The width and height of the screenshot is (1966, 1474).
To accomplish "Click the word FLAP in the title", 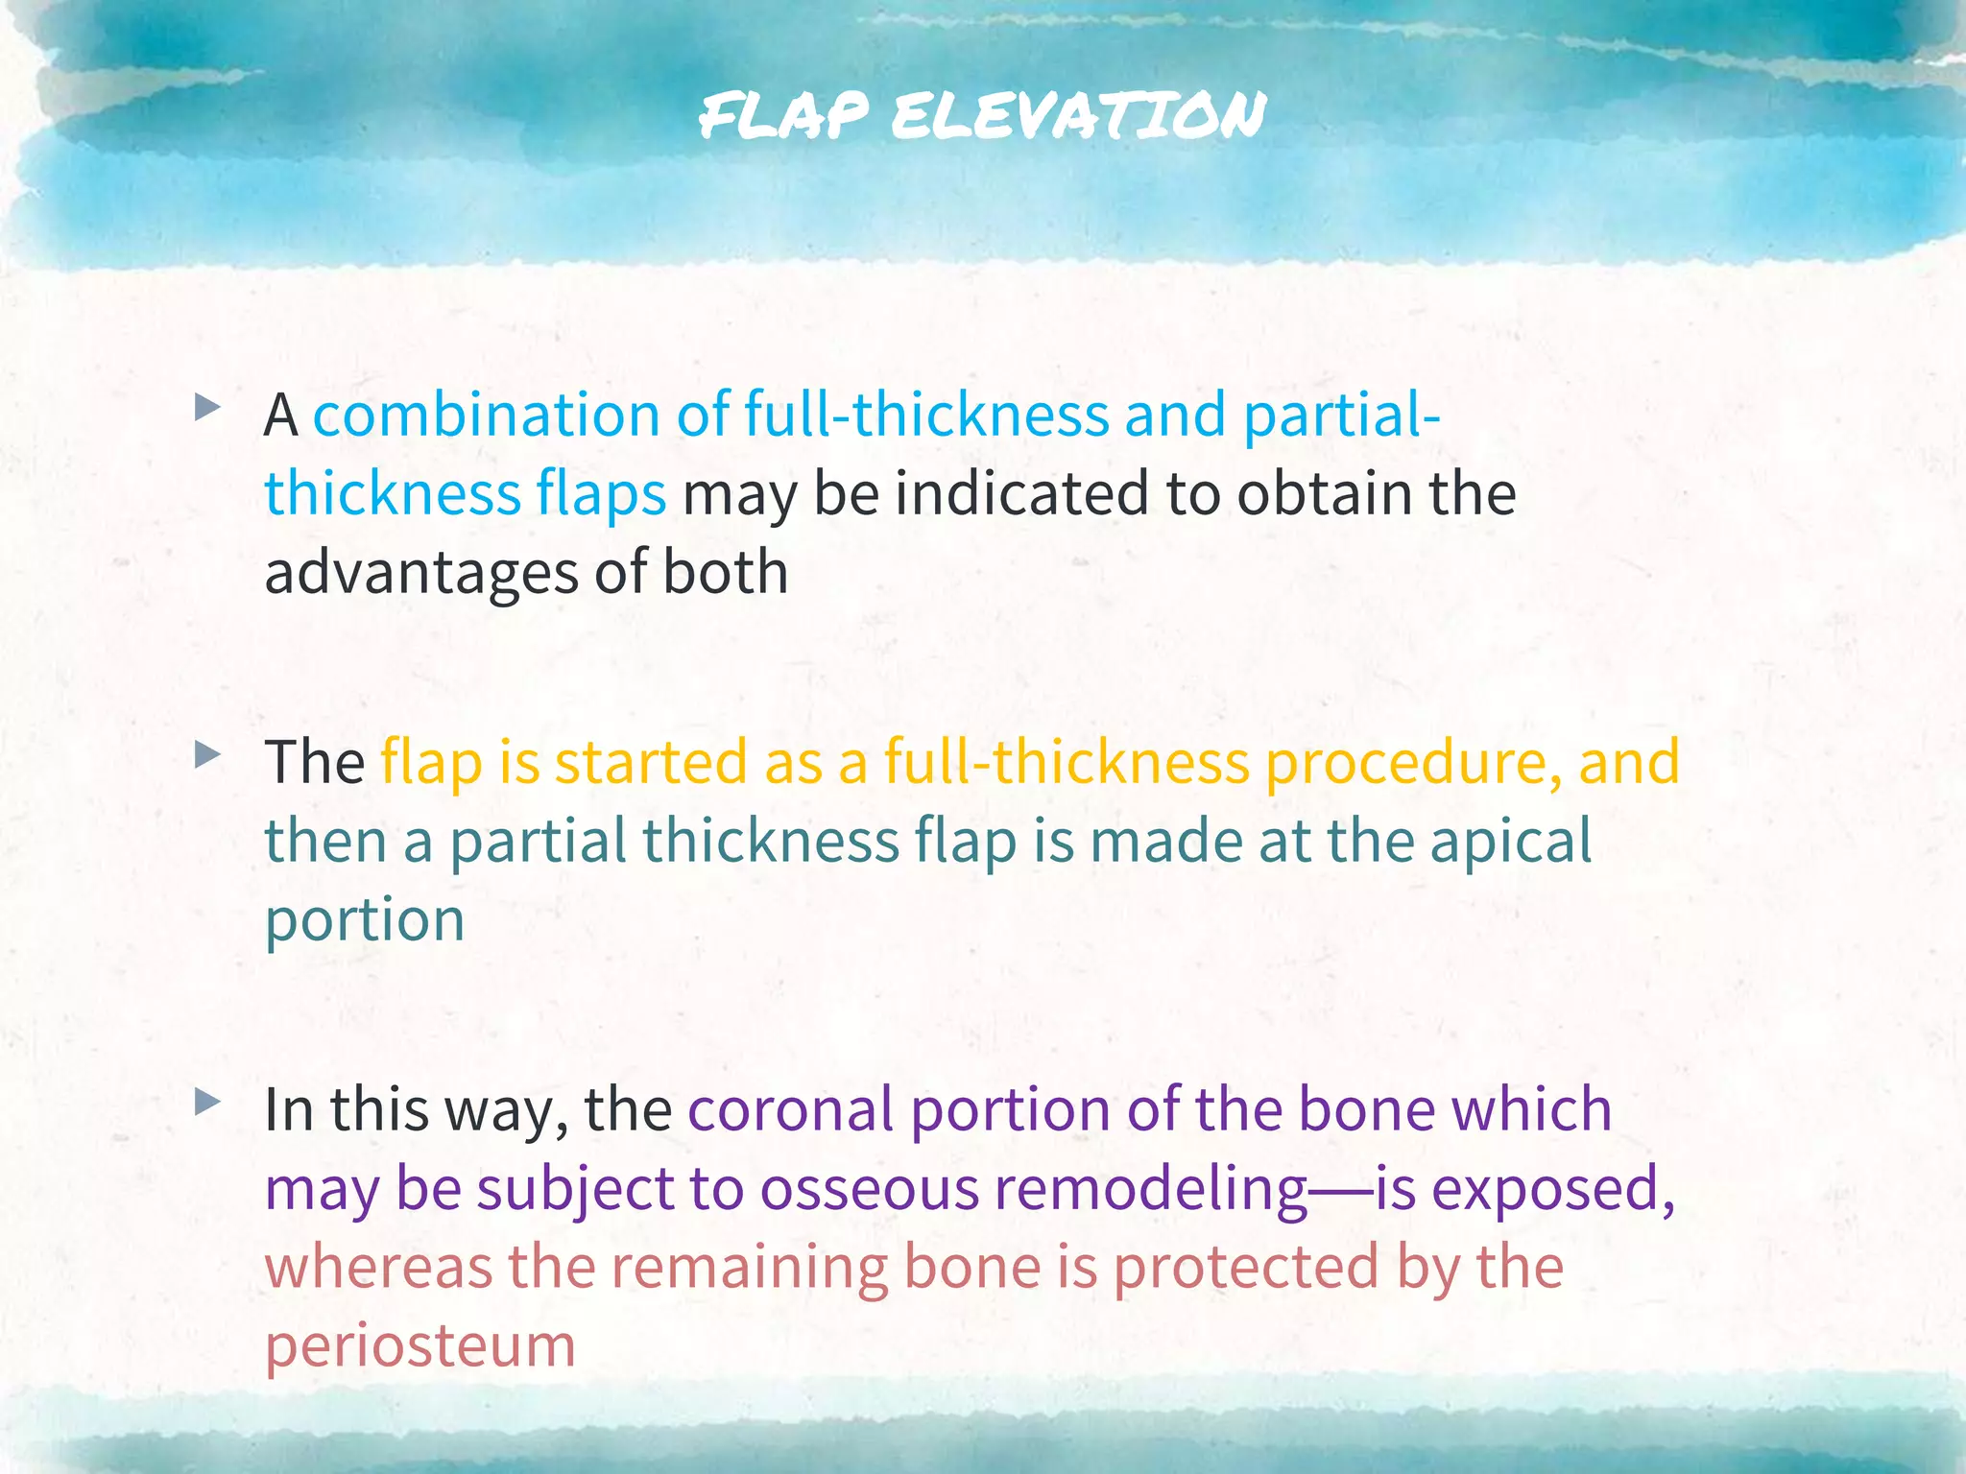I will point(783,116).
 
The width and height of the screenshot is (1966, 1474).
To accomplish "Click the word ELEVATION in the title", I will point(1077,116).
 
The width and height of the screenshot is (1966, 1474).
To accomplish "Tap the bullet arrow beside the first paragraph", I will point(206,410).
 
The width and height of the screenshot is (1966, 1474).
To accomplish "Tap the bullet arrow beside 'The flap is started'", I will point(206,756).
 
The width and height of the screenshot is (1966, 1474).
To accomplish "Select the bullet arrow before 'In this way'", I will point(206,1103).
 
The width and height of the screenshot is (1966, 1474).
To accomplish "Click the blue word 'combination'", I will point(487,416).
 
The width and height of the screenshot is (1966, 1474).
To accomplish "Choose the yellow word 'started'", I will point(651,763).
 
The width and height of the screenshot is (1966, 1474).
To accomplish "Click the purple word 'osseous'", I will point(870,1190).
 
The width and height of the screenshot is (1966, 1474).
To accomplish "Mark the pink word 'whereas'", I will point(378,1268).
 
